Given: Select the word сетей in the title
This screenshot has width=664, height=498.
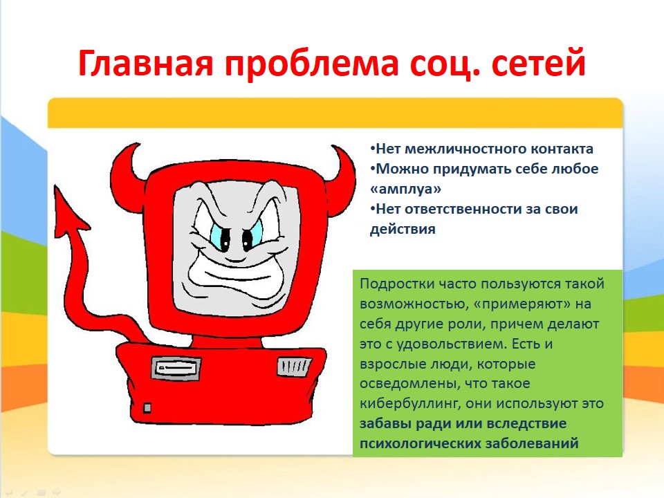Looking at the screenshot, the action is pyautogui.click(x=539, y=63).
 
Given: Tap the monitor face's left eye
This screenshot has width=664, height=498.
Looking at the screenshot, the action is pyautogui.click(x=222, y=237).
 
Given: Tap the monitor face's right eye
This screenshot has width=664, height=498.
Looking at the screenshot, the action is pyautogui.click(x=250, y=237).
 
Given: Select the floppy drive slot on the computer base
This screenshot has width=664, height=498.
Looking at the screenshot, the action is pyautogui.click(x=176, y=367).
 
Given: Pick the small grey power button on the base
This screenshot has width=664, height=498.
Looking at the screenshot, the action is pyautogui.click(x=147, y=408).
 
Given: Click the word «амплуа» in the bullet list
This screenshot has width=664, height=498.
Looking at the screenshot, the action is pyautogui.click(x=405, y=189).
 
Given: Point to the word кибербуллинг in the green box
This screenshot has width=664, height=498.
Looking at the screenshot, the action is pyautogui.click(x=410, y=403).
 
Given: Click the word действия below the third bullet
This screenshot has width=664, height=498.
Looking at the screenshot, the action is pyautogui.click(x=403, y=229).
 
